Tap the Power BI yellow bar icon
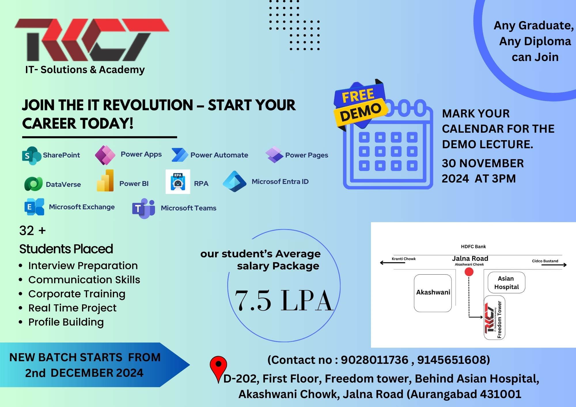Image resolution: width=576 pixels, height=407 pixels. point(105,180)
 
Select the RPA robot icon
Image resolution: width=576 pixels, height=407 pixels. point(178,182)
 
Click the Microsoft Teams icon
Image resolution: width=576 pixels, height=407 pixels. point(143,208)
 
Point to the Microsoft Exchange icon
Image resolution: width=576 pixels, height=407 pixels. point(34,207)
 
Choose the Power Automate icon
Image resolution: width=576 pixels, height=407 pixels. point(180,155)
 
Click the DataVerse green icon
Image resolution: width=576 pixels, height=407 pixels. point(33,184)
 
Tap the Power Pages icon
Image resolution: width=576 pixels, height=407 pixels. point(274,155)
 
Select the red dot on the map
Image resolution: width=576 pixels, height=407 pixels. point(469,272)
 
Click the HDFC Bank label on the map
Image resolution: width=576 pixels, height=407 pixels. point(473,247)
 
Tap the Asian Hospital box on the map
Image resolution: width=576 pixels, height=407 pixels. point(506,283)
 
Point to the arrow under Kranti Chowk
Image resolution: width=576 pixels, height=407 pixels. point(393,263)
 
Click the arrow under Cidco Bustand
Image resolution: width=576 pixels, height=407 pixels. point(554,265)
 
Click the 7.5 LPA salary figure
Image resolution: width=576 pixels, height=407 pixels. point(284,301)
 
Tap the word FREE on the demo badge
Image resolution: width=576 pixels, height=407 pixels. point(358,96)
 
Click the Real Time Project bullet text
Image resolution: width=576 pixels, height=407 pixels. point(72,308)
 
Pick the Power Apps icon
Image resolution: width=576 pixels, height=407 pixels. point(105,155)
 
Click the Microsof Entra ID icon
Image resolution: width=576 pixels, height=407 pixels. point(234,181)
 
